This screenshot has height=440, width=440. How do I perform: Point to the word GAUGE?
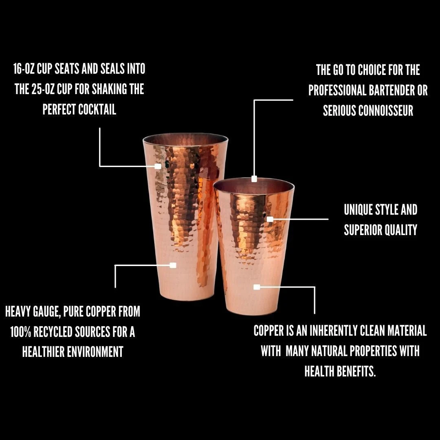coord(47,312)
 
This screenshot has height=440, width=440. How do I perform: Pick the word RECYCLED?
coord(53,332)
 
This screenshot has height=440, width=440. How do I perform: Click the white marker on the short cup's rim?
coord(254,179)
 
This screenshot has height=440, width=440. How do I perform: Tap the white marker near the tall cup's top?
coord(158,166)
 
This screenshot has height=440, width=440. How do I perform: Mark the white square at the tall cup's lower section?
coord(173,265)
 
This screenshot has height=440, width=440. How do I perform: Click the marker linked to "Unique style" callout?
coord(270,219)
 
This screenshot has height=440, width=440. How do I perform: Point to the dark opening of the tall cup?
coord(185,139)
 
